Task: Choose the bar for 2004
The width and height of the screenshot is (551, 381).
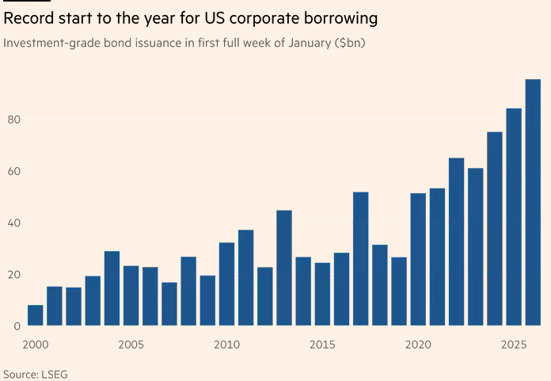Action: [112, 288]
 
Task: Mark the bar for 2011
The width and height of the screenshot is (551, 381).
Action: [245, 278]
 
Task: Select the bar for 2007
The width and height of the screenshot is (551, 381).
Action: [169, 304]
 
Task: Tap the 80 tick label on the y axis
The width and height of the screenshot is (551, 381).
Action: [13, 120]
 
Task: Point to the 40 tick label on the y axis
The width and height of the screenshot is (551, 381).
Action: [13, 223]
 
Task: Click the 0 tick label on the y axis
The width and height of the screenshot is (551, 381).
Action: [17, 326]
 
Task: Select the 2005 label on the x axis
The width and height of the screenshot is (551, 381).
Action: [131, 345]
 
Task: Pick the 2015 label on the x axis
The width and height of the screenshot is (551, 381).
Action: [322, 345]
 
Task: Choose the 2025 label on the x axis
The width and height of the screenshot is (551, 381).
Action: [514, 345]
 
